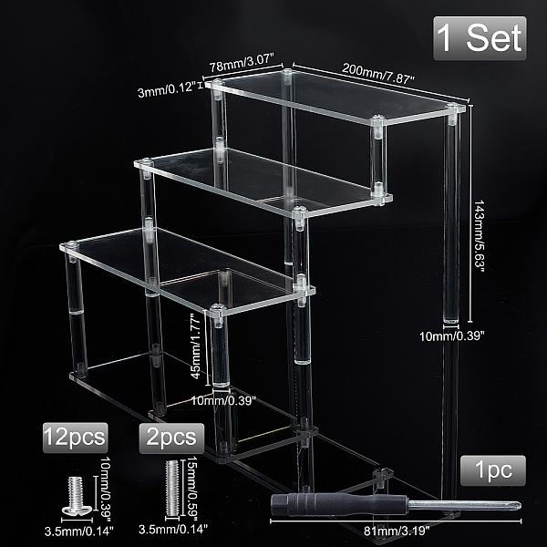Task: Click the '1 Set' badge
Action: point(480,38)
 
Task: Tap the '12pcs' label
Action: point(75,438)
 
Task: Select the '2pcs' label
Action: point(171,439)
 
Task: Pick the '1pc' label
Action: point(493,470)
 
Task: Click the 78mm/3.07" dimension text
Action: point(241,63)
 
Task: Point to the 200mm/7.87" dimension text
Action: point(377,74)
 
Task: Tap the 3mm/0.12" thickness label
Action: point(166,90)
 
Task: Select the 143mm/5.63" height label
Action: point(479,233)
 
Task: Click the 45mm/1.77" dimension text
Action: point(196,346)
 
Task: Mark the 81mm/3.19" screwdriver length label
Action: point(397,531)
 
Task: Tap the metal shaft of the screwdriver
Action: point(464,505)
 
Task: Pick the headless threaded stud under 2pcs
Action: point(172,489)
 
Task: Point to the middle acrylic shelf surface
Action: point(263,181)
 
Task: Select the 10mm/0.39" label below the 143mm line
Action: point(452,336)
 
